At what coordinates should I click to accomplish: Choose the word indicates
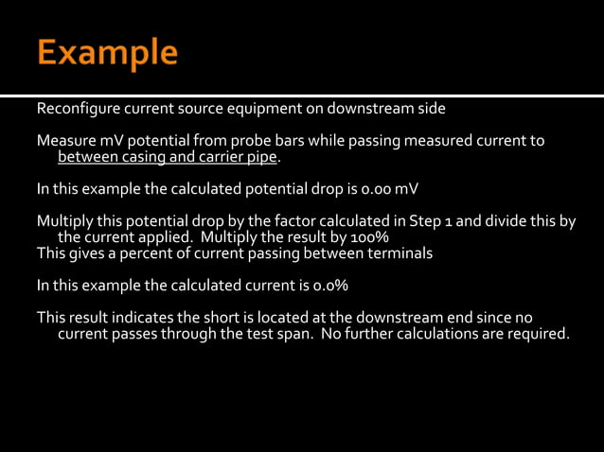point(145,317)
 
